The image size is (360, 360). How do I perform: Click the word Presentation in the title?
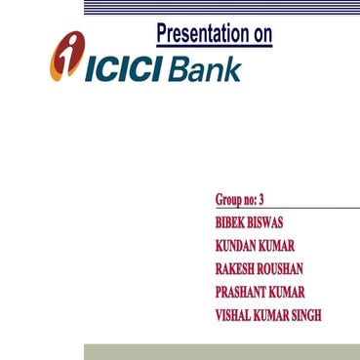[201, 35]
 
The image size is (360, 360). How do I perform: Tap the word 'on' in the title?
[260, 35]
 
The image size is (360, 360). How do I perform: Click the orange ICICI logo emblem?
[65, 57]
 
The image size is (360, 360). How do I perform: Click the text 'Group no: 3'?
[239, 200]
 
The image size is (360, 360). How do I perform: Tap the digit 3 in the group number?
[260, 200]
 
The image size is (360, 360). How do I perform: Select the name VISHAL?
[234, 316]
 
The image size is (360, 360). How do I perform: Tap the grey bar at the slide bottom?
[221, 351]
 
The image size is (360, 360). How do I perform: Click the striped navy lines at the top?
[221, 7]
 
